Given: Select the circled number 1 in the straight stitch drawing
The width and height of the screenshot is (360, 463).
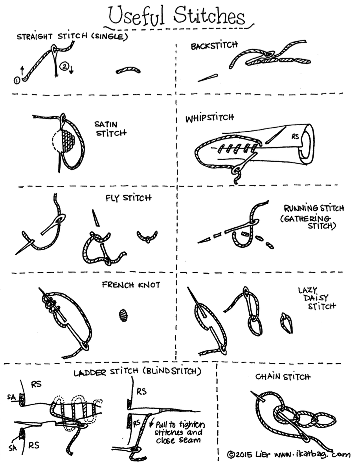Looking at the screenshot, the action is tap(17, 80).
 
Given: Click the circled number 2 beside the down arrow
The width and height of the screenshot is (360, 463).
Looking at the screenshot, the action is tap(63, 67).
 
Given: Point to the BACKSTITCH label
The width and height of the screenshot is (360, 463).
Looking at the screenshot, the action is tap(214, 46).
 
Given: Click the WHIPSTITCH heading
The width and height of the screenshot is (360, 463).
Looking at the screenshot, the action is tap(209, 118).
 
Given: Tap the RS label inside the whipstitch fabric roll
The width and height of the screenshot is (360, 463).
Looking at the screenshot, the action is tap(296, 137).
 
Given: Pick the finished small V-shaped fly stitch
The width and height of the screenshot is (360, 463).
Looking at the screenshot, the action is tap(147, 236).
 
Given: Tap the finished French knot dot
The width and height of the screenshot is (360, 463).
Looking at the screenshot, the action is tap(124, 315).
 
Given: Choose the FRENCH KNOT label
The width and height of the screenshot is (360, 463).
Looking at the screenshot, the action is tap(131, 285).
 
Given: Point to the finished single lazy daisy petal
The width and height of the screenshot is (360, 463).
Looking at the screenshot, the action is tap(286, 323).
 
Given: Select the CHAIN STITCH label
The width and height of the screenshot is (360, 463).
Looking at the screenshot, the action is tap(283, 377).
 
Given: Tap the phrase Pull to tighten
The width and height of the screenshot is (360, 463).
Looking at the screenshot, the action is tap(180, 425).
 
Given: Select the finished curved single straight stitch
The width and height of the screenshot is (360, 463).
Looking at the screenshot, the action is tap(129, 70).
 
